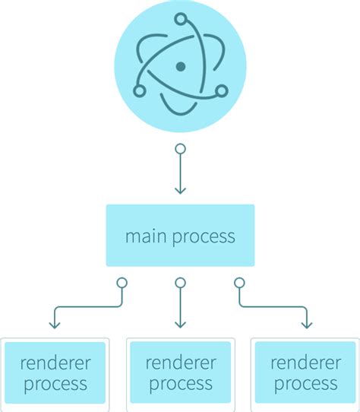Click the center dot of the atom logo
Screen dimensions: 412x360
click(x=180, y=67)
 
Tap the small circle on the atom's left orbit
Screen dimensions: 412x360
click(x=139, y=91)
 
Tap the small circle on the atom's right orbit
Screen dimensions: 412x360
click(x=221, y=91)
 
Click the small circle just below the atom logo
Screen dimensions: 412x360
click(x=180, y=149)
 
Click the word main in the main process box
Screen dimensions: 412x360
click(x=144, y=236)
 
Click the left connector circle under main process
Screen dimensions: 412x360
click(x=121, y=283)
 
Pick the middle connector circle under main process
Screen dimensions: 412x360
click(x=180, y=283)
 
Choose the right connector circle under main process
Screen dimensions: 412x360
click(x=239, y=283)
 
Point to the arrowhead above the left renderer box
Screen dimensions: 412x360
click(x=55, y=324)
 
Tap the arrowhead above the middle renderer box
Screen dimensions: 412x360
click(x=180, y=324)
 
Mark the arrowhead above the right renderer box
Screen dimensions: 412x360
click(x=305, y=324)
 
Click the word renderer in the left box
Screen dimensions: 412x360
click(x=55, y=361)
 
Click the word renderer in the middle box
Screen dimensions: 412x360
click(x=180, y=361)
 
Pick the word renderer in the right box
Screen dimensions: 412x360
click(x=305, y=361)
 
